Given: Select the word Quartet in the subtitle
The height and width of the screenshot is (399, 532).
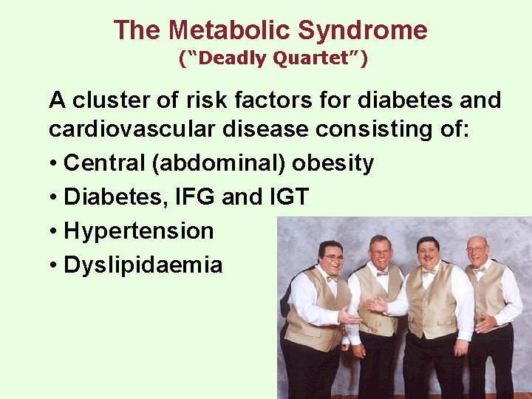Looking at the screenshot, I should pos(318,58).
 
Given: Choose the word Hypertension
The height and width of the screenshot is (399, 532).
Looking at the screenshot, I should pos(139,231).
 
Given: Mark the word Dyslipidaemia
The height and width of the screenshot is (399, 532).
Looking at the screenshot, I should pos(143,265).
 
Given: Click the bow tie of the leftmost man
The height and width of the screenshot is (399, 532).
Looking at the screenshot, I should pos(331,279).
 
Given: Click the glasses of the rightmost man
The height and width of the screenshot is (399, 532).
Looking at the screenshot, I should pos(477,249).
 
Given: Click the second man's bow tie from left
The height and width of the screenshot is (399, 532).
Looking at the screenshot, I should pos(382,272).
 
